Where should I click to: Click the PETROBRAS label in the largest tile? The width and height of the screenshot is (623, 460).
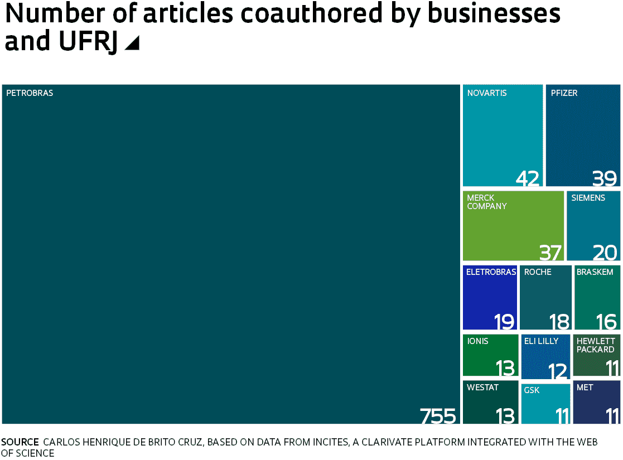[x=30, y=93]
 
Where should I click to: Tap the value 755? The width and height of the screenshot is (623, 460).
[x=438, y=416]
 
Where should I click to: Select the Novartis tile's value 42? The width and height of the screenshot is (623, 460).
[x=528, y=178]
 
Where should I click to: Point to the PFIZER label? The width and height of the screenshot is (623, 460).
[x=564, y=93]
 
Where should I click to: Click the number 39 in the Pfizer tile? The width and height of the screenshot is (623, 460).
[x=605, y=178]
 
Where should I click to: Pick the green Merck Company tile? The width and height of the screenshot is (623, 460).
[x=513, y=226]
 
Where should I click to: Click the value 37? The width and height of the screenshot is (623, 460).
[x=550, y=253]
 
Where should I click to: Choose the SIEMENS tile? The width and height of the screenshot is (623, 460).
[x=593, y=226]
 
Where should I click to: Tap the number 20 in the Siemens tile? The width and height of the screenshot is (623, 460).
[x=605, y=253]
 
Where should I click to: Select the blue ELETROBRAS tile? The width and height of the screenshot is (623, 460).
[x=490, y=298]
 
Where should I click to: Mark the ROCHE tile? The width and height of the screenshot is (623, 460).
[x=545, y=298]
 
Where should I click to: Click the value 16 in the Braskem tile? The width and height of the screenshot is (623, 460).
[x=606, y=322]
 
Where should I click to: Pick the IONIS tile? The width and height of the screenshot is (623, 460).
[x=490, y=355]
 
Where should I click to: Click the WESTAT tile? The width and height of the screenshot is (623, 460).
[x=490, y=402]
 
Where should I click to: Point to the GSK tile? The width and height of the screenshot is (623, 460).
[x=545, y=404]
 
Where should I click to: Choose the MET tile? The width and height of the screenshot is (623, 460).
[x=596, y=402]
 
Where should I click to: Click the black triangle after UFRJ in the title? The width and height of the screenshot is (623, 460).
[x=132, y=43]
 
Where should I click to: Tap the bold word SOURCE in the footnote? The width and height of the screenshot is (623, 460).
[x=20, y=442]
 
